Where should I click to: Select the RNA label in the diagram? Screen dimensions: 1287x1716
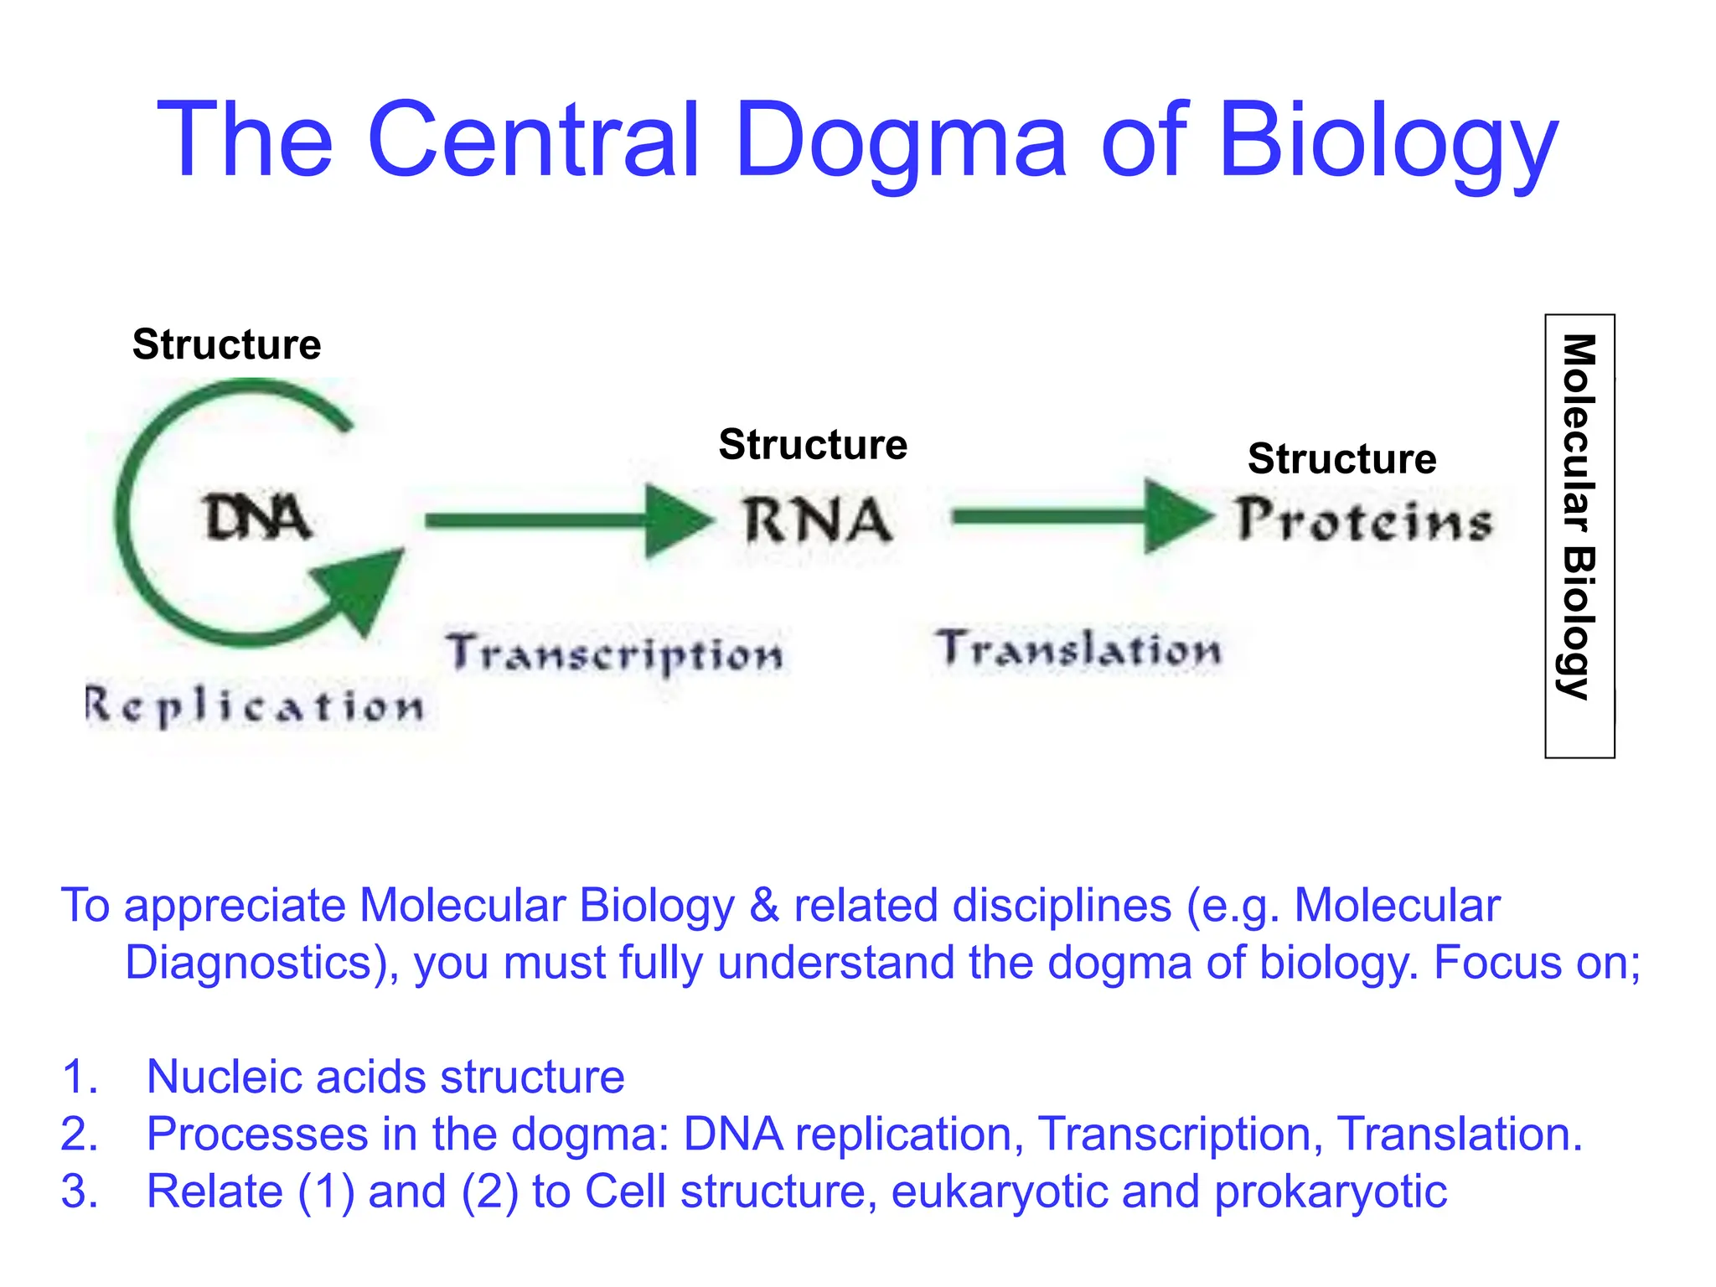tap(817, 520)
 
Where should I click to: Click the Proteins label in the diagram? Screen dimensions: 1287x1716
tap(1364, 520)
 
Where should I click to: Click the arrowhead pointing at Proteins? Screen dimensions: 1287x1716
tap(1176, 516)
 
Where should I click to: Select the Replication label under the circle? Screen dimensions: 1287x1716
tap(255, 706)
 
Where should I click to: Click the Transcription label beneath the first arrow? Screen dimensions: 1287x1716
tap(614, 654)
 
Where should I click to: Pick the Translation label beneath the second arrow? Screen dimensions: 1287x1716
tap(1078, 649)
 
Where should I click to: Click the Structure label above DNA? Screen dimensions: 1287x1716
tap(226, 344)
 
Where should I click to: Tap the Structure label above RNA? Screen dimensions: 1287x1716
tap(813, 444)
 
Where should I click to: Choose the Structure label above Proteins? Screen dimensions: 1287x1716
tap(1341, 458)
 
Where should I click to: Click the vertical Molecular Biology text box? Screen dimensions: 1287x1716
tap(1579, 536)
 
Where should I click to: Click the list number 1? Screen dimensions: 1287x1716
tap(80, 1077)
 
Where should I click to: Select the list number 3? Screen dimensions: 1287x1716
tap(80, 1191)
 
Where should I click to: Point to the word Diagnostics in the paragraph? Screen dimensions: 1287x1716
tap(249, 963)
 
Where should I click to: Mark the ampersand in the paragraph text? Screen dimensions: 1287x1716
tap(764, 906)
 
